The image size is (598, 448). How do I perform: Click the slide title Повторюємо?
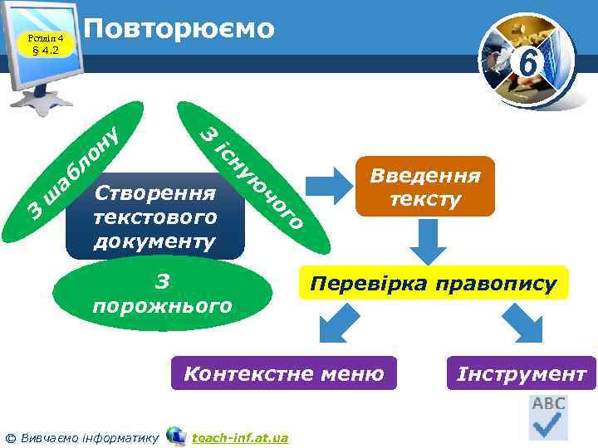pos(179,29)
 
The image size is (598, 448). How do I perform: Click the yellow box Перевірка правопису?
pos(433,283)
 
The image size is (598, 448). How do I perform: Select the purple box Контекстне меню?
pos(283,374)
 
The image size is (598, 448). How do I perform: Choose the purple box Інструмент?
pos(522,374)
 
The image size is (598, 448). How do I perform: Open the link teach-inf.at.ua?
pos(240,437)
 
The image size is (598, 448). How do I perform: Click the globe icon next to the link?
pos(176,436)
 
